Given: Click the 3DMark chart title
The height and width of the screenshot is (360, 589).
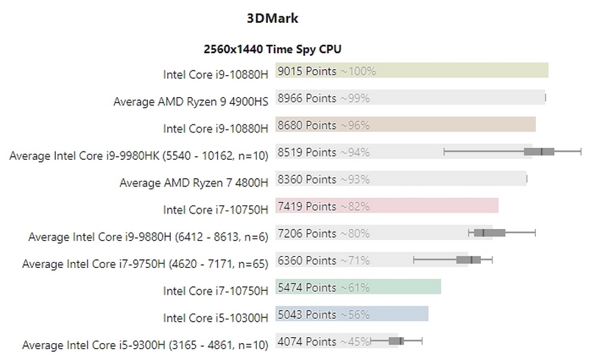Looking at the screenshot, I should pyautogui.click(x=272, y=17).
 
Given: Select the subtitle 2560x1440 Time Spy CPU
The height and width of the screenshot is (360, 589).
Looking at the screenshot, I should pyautogui.click(x=272, y=49).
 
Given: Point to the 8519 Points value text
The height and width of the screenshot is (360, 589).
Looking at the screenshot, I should pyautogui.click(x=307, y=152).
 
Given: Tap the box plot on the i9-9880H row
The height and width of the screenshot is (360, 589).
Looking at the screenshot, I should pyautogui.click(x=490, y=233).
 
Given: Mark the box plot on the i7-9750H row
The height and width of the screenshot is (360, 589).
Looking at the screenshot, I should pyautogui.click(x=468, y=260).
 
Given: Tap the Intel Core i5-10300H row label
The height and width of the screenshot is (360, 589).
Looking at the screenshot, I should pyautogui.click(x=216, y=317).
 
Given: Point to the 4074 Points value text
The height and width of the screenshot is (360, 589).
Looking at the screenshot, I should pyautogui.click(x=307, y=342).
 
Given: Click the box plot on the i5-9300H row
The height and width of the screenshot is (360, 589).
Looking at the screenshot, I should pyautogui.click(x=393, y=342).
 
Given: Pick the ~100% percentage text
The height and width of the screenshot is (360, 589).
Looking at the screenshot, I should pyautogui.click(x=358, y=71).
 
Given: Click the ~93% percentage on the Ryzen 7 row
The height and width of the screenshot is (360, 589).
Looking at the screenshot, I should pyautogui.click(x=355, y=180).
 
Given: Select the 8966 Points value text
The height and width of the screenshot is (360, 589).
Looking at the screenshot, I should pyautogui.click(x=307, y=98).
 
